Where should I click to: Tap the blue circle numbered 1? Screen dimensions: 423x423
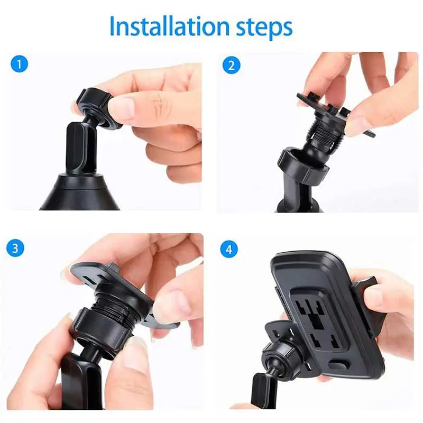[x=19, y=65]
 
